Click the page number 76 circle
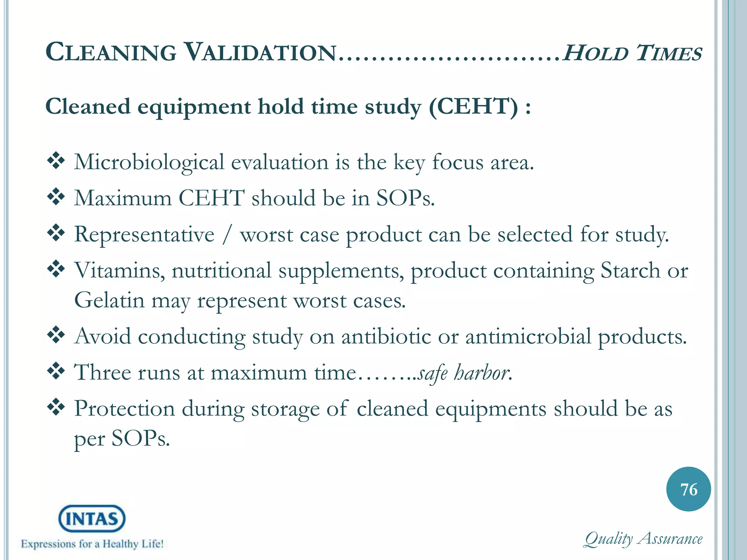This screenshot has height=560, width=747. click(x=688, y=489)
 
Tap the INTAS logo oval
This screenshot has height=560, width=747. click(x=92, y=518)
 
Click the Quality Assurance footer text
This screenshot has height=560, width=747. click(x=643, y=539)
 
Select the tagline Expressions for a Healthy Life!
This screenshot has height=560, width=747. click(x=92, y=544)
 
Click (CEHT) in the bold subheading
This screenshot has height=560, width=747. click(x=473, y=107)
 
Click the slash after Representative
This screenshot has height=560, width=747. click(x=227, y=234)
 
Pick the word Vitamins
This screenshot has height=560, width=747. click(x=119, y=271)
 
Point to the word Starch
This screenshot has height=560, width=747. click(x=630, y=271)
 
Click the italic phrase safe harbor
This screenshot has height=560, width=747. click(x=463, y=373)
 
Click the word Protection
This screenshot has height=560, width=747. click(x=124, y=408)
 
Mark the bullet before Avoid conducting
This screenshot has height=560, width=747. click(x=56, y=335)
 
